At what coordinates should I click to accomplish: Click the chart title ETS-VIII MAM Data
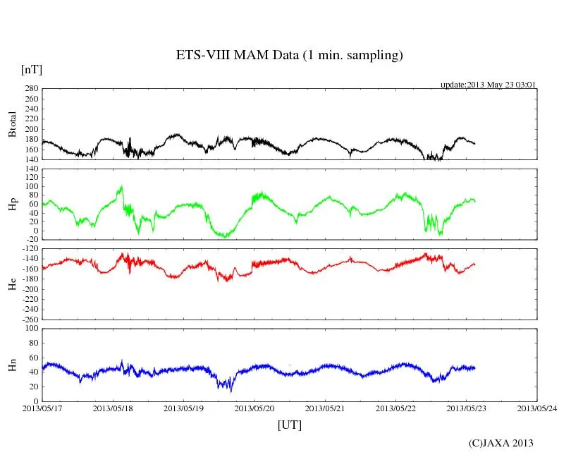coord(289,56)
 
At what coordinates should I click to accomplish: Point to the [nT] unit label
coord(31,70)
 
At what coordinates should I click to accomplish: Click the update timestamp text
coord(489,85)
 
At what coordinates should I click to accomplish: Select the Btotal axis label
coord(12,123)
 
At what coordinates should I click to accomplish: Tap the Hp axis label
coord(12,205)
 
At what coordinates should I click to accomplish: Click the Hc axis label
coord(12,284)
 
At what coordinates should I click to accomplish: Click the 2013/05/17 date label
coord(42,408)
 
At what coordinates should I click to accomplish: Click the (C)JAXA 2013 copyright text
coord(501,443)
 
